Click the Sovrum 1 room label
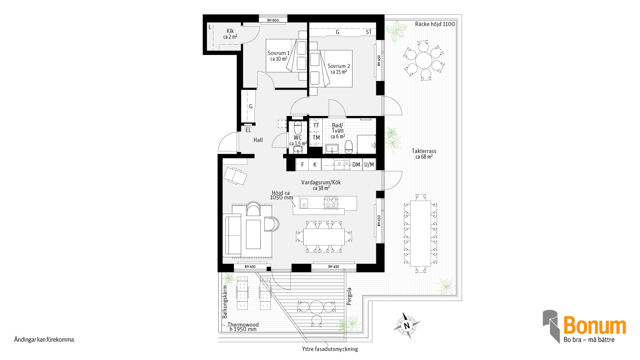click(x=279, y=53)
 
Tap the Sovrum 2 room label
click(x=339, y=66)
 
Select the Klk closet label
click(x=230, y=31)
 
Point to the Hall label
click(x=258, y=140)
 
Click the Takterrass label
click(x=424, y=151)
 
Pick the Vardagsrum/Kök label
click(x=321, y=182)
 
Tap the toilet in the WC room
click(x=298, y=128)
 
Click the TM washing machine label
click(x=316, y=138)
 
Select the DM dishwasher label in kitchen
click(x=356, y=165)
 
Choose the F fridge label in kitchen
click(x=302, y=165)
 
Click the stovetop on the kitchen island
click(x=331, y=203)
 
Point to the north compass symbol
click(x=407, y=326)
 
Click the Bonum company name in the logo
click(x=595, y=325)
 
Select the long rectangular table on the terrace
click(x=421, y=233)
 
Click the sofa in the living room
click(x=232, y=235)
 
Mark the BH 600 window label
click(x=273, y=20)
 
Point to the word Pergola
click(x=349, y=296)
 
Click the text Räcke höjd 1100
click(x=435, y=24)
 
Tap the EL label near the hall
click(x=248, y=130)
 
